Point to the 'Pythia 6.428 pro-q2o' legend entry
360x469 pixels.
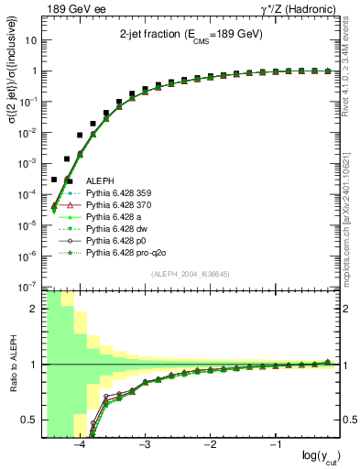pyautogui.click(x=128, y=263)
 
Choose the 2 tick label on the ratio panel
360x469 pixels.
pyautogui.click(x=32, y=310)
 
